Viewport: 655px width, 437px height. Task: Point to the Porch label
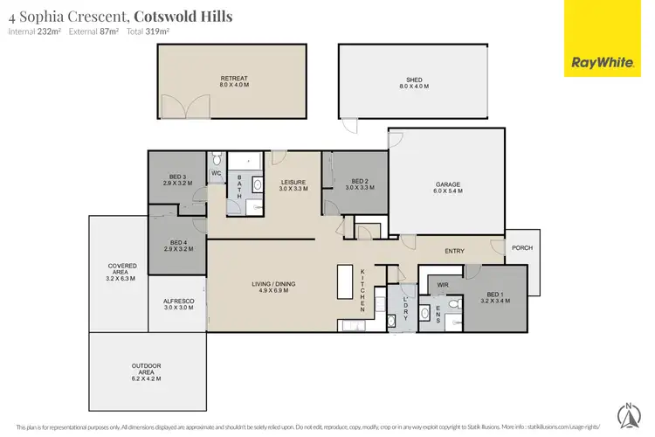click(522, 247)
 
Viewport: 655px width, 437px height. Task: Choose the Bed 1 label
click(494, 297)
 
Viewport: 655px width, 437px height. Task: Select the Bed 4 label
click(179, 246)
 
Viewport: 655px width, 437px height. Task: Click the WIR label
click(442, 285)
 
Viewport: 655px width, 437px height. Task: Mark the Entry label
click(454, 252)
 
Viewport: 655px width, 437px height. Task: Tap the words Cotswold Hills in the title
click(183, 16)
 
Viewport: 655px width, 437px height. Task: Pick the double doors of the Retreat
click(188, 108)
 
